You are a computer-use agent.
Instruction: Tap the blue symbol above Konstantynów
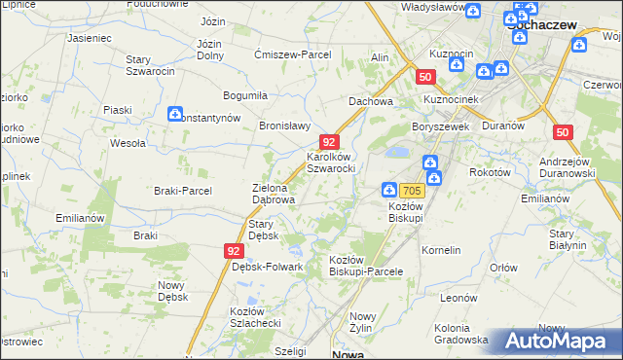point(175,114)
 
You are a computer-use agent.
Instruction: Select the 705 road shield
point(411,191)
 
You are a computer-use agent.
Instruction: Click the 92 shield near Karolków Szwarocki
point(330,142)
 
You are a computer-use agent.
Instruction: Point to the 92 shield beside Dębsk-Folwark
point(233,251)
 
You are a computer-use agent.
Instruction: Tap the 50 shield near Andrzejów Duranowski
point(562,132)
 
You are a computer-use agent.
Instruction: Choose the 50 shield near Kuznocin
point(424,76)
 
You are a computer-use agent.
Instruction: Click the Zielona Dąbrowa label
point(274,193)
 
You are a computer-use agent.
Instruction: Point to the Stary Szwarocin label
point(150,65)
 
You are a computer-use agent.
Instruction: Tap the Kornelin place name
point(441,250)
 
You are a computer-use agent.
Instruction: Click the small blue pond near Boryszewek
point(397,153)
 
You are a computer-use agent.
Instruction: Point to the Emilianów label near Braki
point(80,218)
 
